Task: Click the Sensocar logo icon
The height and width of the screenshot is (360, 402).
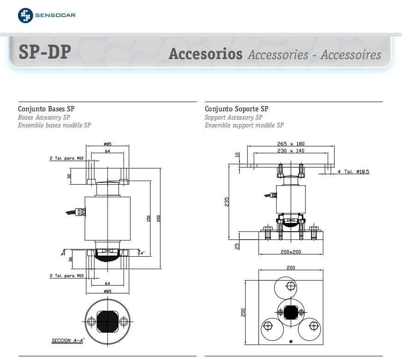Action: pos(25,15)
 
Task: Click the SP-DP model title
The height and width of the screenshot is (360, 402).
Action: pos(45,52)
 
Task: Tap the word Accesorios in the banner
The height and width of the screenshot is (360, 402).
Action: pos(205,54)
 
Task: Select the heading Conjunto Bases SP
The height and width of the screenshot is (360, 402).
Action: pos(46,109)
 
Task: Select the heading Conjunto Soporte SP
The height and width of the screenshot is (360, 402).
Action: pos(236,109)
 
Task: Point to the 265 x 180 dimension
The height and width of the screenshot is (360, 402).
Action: pos(290,144)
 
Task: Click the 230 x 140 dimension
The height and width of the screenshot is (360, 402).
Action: pos(290,150)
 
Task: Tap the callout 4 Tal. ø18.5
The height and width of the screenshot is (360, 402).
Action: pos(353,172)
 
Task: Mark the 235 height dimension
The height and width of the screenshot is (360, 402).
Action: pos(227,202)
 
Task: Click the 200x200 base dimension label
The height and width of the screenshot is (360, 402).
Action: pos(290,252)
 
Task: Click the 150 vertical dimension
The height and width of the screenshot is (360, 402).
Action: pos(149,217)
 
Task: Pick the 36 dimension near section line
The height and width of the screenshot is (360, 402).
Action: pos(71,259)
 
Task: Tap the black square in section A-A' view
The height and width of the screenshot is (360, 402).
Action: pos(107,321)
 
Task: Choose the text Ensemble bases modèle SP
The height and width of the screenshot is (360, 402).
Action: pos(54,125)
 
